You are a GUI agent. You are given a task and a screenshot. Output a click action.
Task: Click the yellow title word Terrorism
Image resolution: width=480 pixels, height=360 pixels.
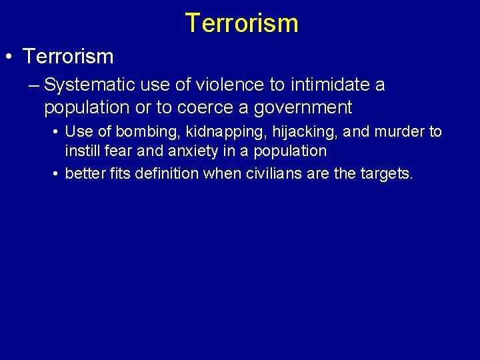point(241,23)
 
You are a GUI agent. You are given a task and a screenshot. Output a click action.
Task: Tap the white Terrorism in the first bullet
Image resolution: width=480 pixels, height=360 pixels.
point(68,57)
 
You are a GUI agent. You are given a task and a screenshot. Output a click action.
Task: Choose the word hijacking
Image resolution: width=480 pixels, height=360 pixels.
point(282,132)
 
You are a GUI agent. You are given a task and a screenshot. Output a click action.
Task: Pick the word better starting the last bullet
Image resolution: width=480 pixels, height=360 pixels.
point(85,175)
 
